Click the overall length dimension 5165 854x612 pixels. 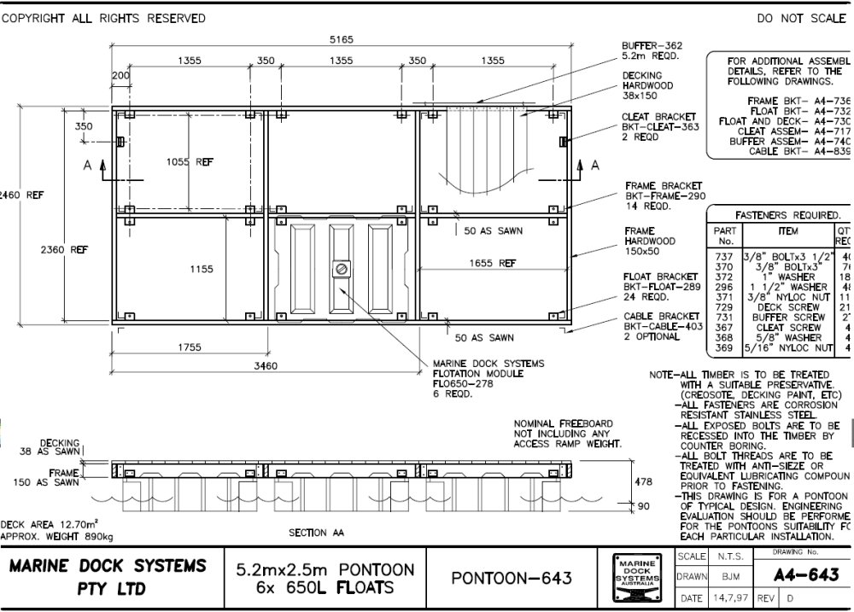(342, 39)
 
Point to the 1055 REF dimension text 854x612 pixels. (190, 162)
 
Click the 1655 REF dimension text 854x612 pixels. (492, 264)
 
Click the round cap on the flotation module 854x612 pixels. (341, 269)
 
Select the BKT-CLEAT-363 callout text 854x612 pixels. (661, 126)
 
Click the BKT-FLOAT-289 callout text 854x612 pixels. (661, 288)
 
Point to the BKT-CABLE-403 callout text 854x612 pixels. (663, 325)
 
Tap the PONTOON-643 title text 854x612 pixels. (512, 578)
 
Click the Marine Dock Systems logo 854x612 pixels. (640, 578)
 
